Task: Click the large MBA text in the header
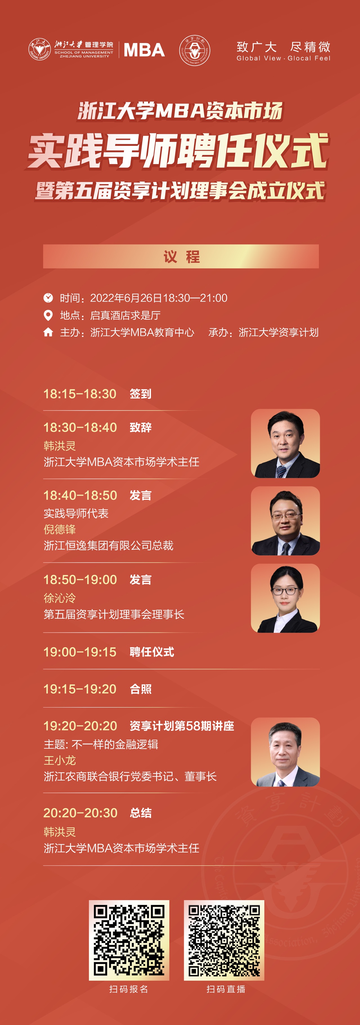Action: click(x=144, y=50)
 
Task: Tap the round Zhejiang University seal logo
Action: click(x=39, y=50)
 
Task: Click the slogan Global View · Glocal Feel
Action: click(x=283, y=58)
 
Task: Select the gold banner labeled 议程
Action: click(x=181, y=256)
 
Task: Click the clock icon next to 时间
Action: click(x=48, y=298)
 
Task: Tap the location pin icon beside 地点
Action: click(x=48, y=315)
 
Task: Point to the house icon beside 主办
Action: click(x=48, y=332)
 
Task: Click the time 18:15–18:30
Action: click(x=80, y=394)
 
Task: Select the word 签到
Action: click(x=140, y=394)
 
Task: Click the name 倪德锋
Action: click(x=60, y=529)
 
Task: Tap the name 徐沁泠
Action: click(x=60, y=598)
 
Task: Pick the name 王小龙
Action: click(x=60, y=761)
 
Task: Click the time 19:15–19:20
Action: click(x=80, y=689)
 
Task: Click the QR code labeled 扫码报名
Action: click(x=129, y=940)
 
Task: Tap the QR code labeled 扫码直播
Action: click(x=224, y=940)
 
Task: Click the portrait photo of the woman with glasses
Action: click(x=285, y=598)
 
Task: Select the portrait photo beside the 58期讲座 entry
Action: click(x=285, y=752)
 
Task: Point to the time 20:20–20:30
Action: click(x=80, y=813)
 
